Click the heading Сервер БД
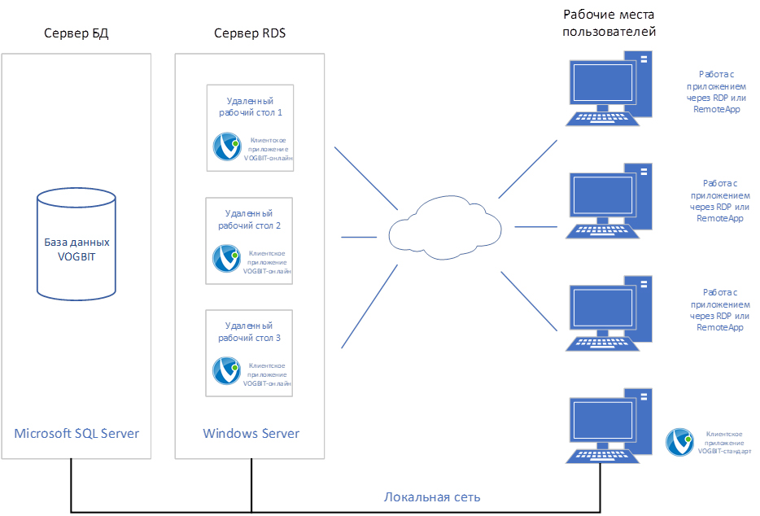pos(76,33)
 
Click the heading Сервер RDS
pos(250,33)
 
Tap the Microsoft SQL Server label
pos(76,433)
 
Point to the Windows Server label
pos(251,433)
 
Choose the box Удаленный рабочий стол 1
pos(250,128)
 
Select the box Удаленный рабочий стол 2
pos(250,240)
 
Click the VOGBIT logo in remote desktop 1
pos(226,146)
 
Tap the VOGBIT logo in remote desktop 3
pos(226,370)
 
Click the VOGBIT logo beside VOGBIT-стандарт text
pos(679,442)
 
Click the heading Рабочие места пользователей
pos(609,24)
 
